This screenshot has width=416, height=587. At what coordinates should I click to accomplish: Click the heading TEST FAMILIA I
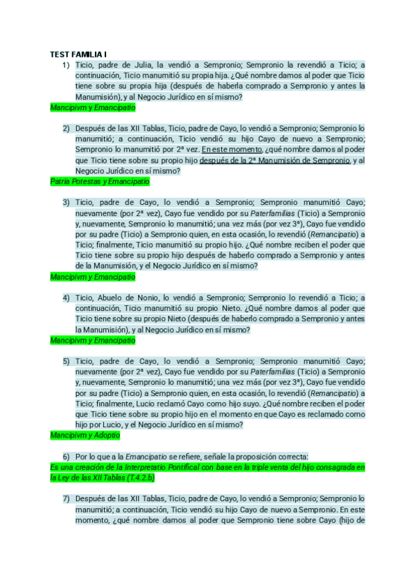pos(83,55)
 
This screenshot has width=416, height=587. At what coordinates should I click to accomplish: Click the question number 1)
pos(66,65)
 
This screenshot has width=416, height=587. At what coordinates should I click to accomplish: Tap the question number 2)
pos(66,128)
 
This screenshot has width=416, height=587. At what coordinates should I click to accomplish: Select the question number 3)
pos(66,202)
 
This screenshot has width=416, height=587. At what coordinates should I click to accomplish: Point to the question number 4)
pos(66,298)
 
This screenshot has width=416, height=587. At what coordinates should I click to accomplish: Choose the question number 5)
pos(66,361)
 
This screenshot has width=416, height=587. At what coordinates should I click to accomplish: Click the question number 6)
pos(66,456)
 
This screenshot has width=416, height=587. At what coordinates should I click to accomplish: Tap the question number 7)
pos(66,498)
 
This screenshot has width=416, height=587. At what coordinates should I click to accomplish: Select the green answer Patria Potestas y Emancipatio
pos(100,181)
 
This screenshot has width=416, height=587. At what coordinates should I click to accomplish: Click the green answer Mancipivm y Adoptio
pos(85,435)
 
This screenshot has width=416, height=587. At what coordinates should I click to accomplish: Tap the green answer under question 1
pos(93,108)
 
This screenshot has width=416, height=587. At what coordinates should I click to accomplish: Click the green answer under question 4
pos(93,341)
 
